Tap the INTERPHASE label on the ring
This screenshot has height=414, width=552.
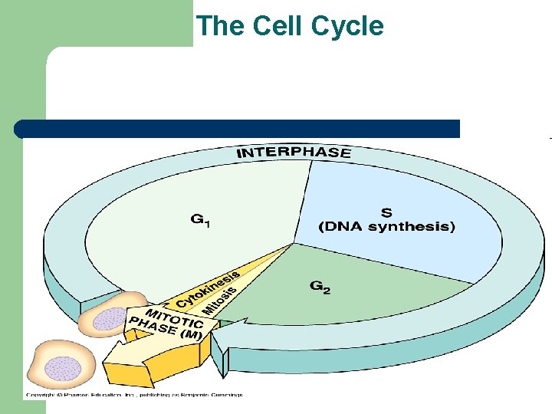tap(294, 153)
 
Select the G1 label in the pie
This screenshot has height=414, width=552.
tap(201, 221)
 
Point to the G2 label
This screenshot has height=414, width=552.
tap(320, 287)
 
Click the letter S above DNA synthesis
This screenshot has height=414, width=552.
tap(386, 212)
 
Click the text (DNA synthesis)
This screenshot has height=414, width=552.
tap(386, 226)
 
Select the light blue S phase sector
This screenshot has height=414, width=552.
tap(414, 245)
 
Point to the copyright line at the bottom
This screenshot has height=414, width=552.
tap(133, 396)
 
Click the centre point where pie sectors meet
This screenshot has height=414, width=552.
tap(294, 244)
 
